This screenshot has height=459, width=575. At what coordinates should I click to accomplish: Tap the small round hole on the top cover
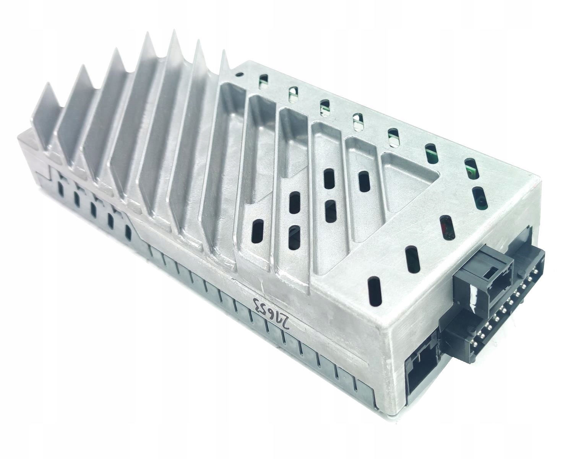tap(239, 75)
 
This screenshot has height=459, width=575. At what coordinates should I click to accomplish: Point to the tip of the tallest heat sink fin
tap(174, 33)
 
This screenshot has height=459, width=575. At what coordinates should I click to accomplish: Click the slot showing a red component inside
tap(446, 228)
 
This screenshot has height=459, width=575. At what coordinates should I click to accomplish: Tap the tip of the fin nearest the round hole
tap(224, 54)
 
